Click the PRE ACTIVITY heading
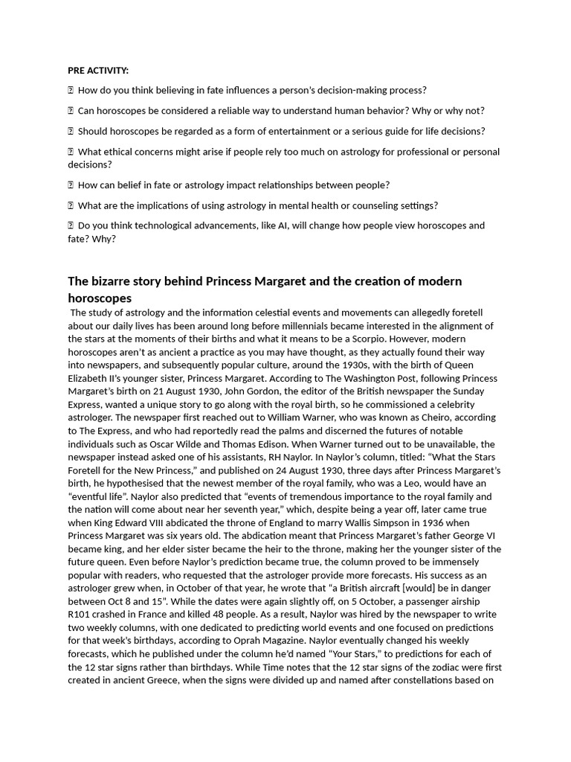[x=98, y=71]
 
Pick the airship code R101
[x=81, y=614]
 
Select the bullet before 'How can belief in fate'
[x=71, y=185]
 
